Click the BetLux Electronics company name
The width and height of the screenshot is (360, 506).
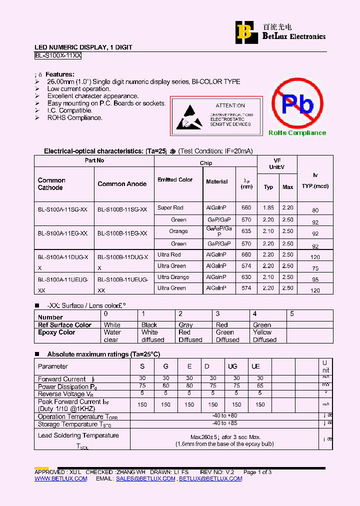[x=294, y=36]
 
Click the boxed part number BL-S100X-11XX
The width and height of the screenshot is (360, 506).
[x=58, y=56]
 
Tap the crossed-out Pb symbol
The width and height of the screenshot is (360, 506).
[x=297, y=104]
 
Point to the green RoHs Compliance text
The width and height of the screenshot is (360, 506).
[x=297, y=133]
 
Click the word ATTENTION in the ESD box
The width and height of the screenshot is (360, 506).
[x=230, y=105]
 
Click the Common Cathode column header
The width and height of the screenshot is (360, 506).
[x=51, y=184]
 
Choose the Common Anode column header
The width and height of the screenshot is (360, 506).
[x=122, y=184]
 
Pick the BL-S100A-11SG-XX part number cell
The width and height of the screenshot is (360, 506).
[x=62, y=209]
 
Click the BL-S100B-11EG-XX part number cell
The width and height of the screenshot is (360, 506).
[x=122, y=233]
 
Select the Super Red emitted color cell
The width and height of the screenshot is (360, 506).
[x=170, y=207]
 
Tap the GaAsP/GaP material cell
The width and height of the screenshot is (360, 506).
[x=219, y=231]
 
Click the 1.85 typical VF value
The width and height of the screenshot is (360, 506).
[x=268, y=207]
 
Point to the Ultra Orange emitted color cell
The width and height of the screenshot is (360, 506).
[x=173, y=277]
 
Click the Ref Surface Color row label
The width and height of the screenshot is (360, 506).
[x=64, y=325]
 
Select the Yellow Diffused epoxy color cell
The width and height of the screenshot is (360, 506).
[x=265, y=336]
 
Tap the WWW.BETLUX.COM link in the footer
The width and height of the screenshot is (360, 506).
[x=60, y=478]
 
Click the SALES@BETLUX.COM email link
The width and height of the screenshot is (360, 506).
[x=145, y=478]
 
